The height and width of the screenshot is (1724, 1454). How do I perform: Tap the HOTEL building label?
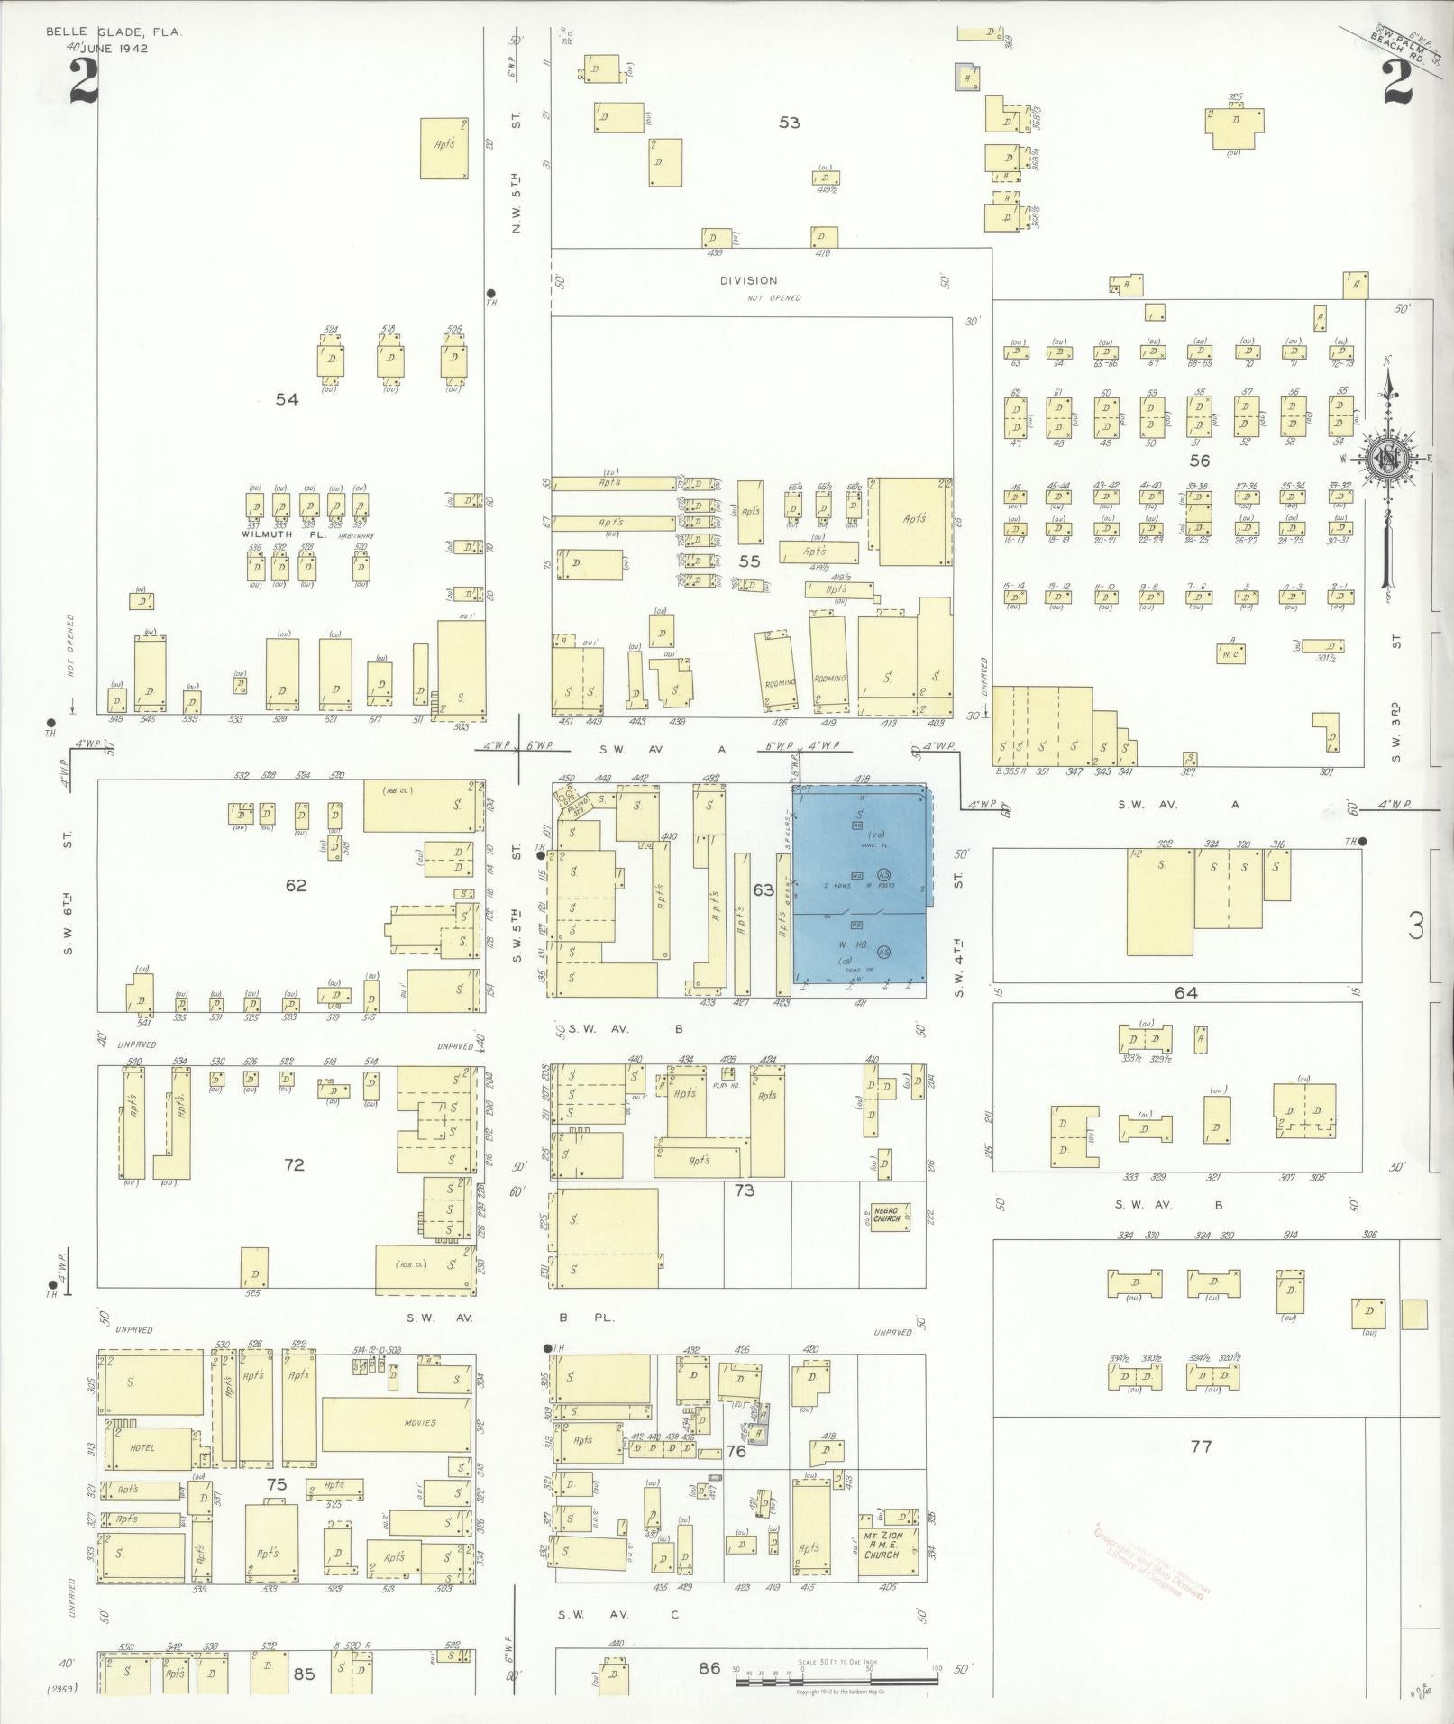[x=142, y=1447]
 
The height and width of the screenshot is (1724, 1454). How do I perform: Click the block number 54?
[x=287, y=399]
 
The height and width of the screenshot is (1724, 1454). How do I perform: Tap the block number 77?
[x=1200, y=1446]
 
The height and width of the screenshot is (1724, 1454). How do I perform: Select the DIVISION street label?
[x=748, y=281]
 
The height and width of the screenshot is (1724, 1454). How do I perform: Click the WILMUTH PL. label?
[x=271, y=534]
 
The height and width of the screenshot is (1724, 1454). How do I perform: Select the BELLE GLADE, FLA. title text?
[x=114, y=32]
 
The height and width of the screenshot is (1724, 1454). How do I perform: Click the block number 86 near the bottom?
[x=710, y=1668]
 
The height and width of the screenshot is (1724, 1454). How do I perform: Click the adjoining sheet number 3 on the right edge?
[x=1417, y=926]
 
